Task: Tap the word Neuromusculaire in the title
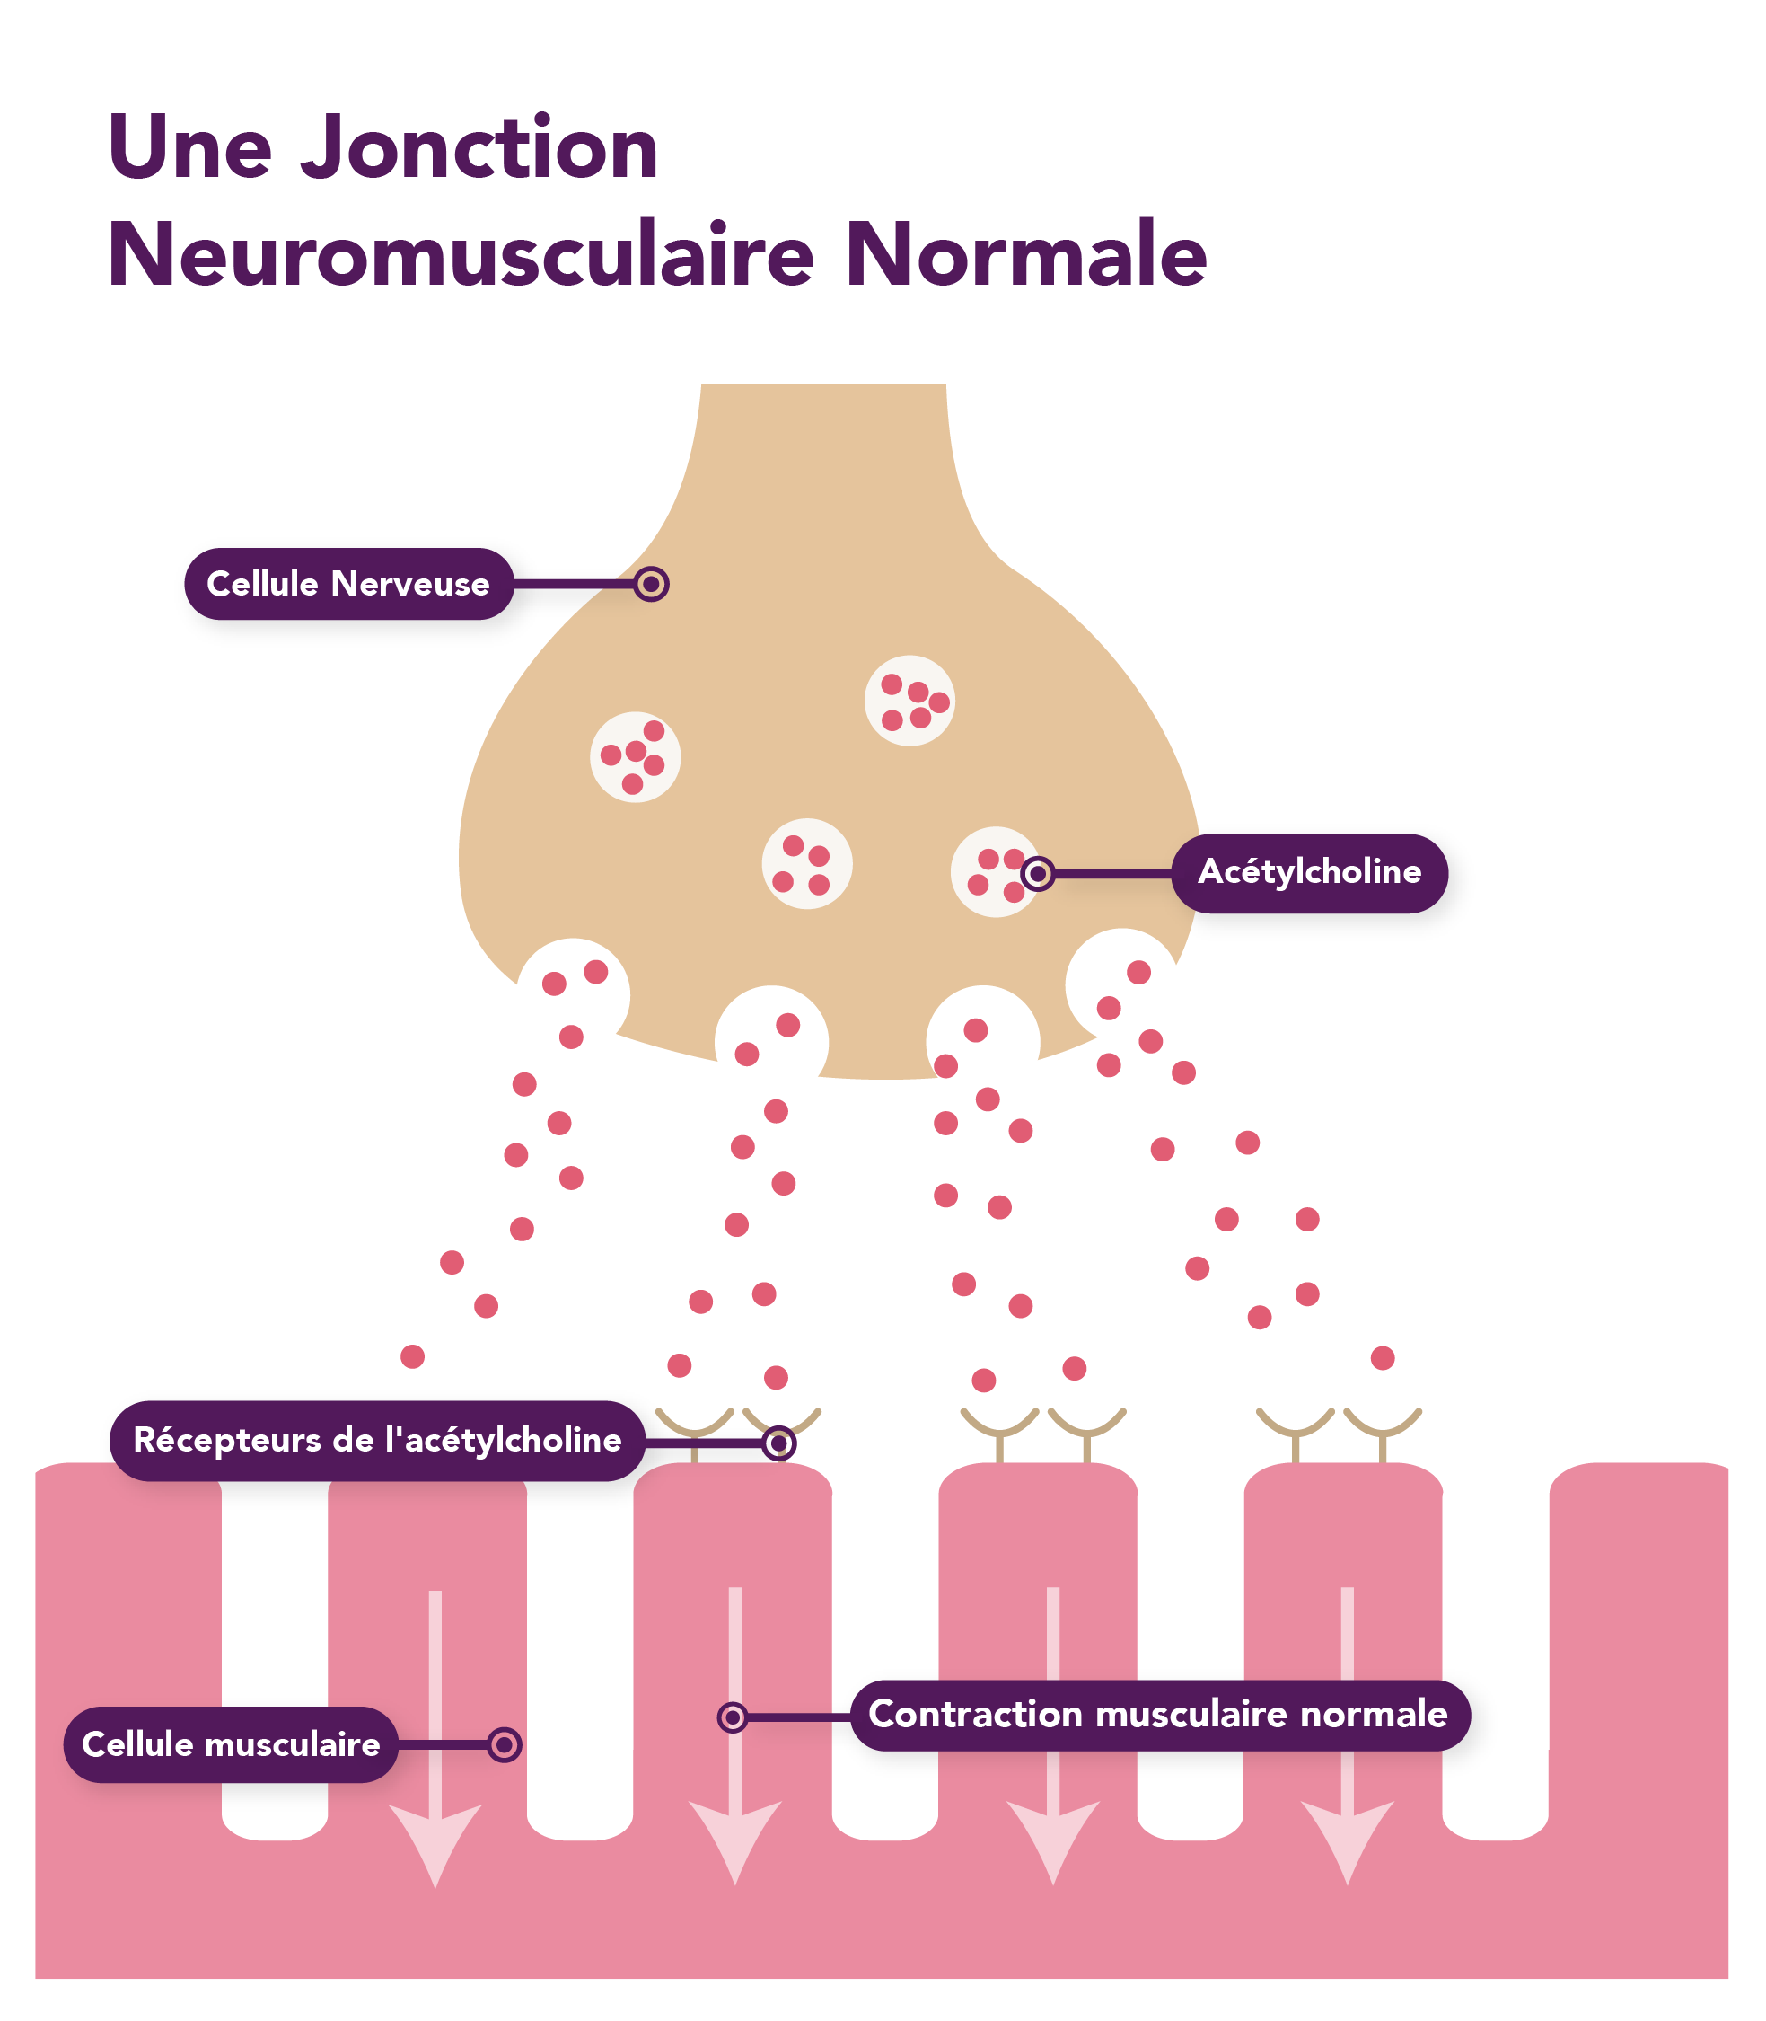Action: pyautogui.click(x=461, y=256)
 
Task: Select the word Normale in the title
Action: pyautogui.click(x=1026, y=256)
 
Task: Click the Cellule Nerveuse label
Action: pyautogui.click(x=347, y=584)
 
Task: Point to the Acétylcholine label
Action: pyautogui.click(x=1309, y=872)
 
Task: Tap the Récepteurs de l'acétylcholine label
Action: pyautogui.click(x=377, y=1441)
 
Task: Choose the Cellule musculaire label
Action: pyautogui.click(x=231, y=1744)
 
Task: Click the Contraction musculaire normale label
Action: pyautogui.click(x=1159, y=1715)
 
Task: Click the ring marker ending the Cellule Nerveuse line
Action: pyautogui.click(x=650, y=585)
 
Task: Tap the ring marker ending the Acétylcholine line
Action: pyautogui.click(x=1037, y=873)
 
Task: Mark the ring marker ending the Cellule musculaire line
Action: pyautogui.click(x=505, y=1745)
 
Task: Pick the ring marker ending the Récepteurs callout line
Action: pyautogui.click(x=778, y=1443)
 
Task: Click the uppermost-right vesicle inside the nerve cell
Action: pyautogui.click(x=909, y=700)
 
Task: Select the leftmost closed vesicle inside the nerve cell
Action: pyautogui.click(x=636, y=757)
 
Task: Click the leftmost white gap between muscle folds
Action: pyautogui.click(x=275, y=1656)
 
